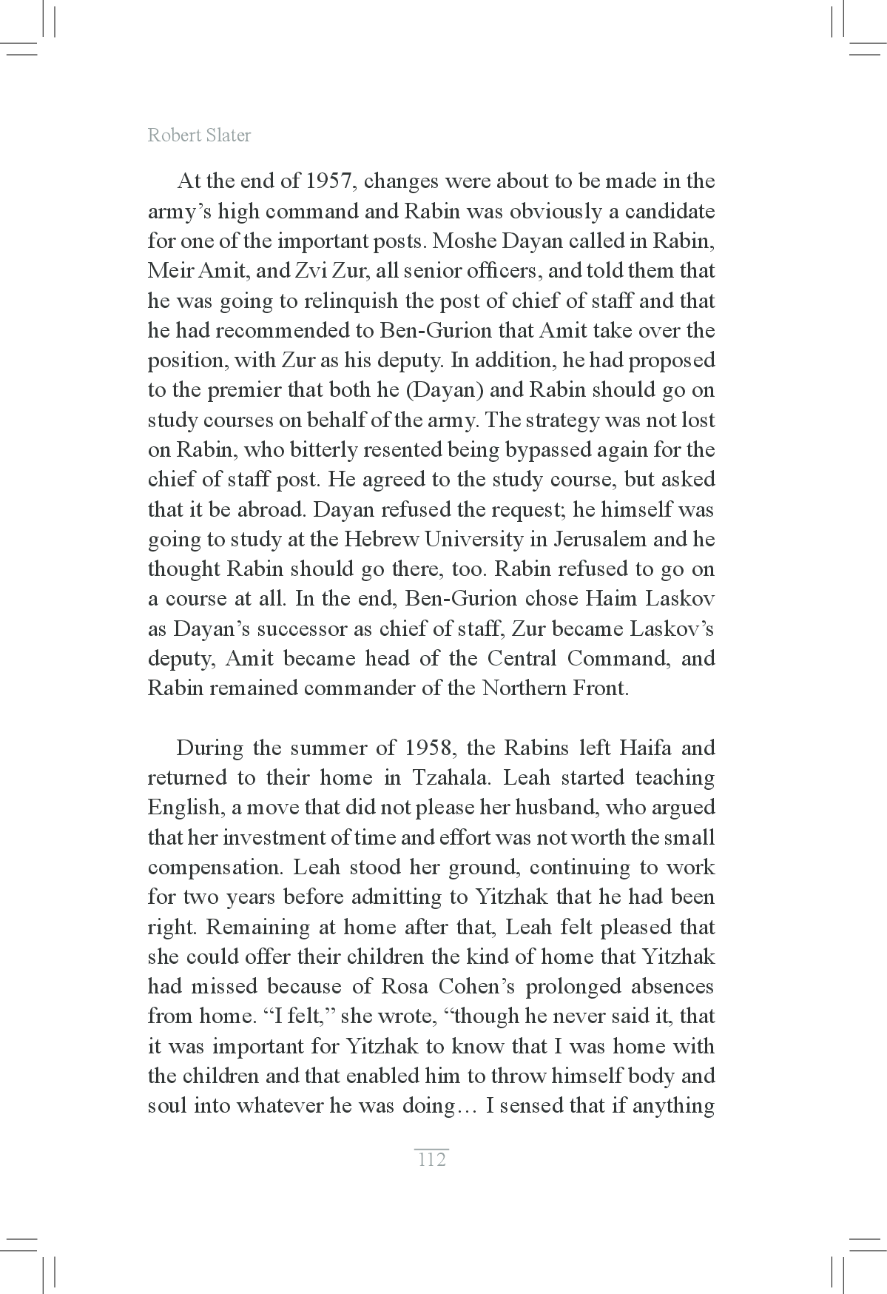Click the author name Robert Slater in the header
(199, 135)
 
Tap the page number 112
(432, 1159)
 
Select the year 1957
(318, 181)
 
